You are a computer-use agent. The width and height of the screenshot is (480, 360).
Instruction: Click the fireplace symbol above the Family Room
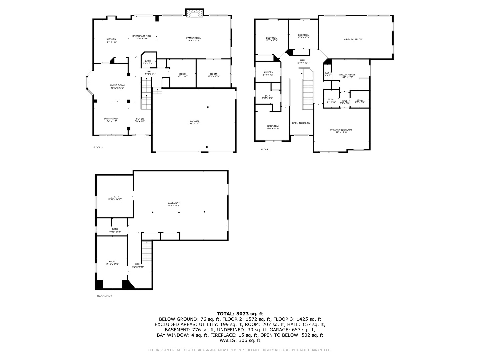click(x=194, y=13)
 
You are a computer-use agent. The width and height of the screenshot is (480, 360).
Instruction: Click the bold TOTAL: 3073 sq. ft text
click(x=240, y=313)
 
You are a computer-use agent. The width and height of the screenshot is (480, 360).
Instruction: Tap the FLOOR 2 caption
click(x=266, y=149)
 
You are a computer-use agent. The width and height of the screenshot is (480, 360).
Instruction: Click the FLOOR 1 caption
click(x=98, y=147)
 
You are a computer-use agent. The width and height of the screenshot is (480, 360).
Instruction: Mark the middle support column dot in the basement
click(x=179, y=212)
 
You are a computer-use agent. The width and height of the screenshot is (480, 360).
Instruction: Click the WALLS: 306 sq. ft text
click(x=240, y=340)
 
